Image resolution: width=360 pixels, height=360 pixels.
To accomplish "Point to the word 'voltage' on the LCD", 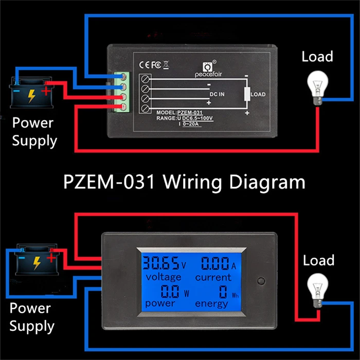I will coord(163,278).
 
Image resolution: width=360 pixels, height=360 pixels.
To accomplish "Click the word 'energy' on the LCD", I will coord(211,303).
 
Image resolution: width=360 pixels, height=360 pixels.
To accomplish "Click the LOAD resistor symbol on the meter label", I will coord(247,95).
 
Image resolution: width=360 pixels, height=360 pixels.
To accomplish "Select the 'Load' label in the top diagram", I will coord(317,56).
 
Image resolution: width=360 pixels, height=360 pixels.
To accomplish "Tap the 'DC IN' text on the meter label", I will coord(218,95).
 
